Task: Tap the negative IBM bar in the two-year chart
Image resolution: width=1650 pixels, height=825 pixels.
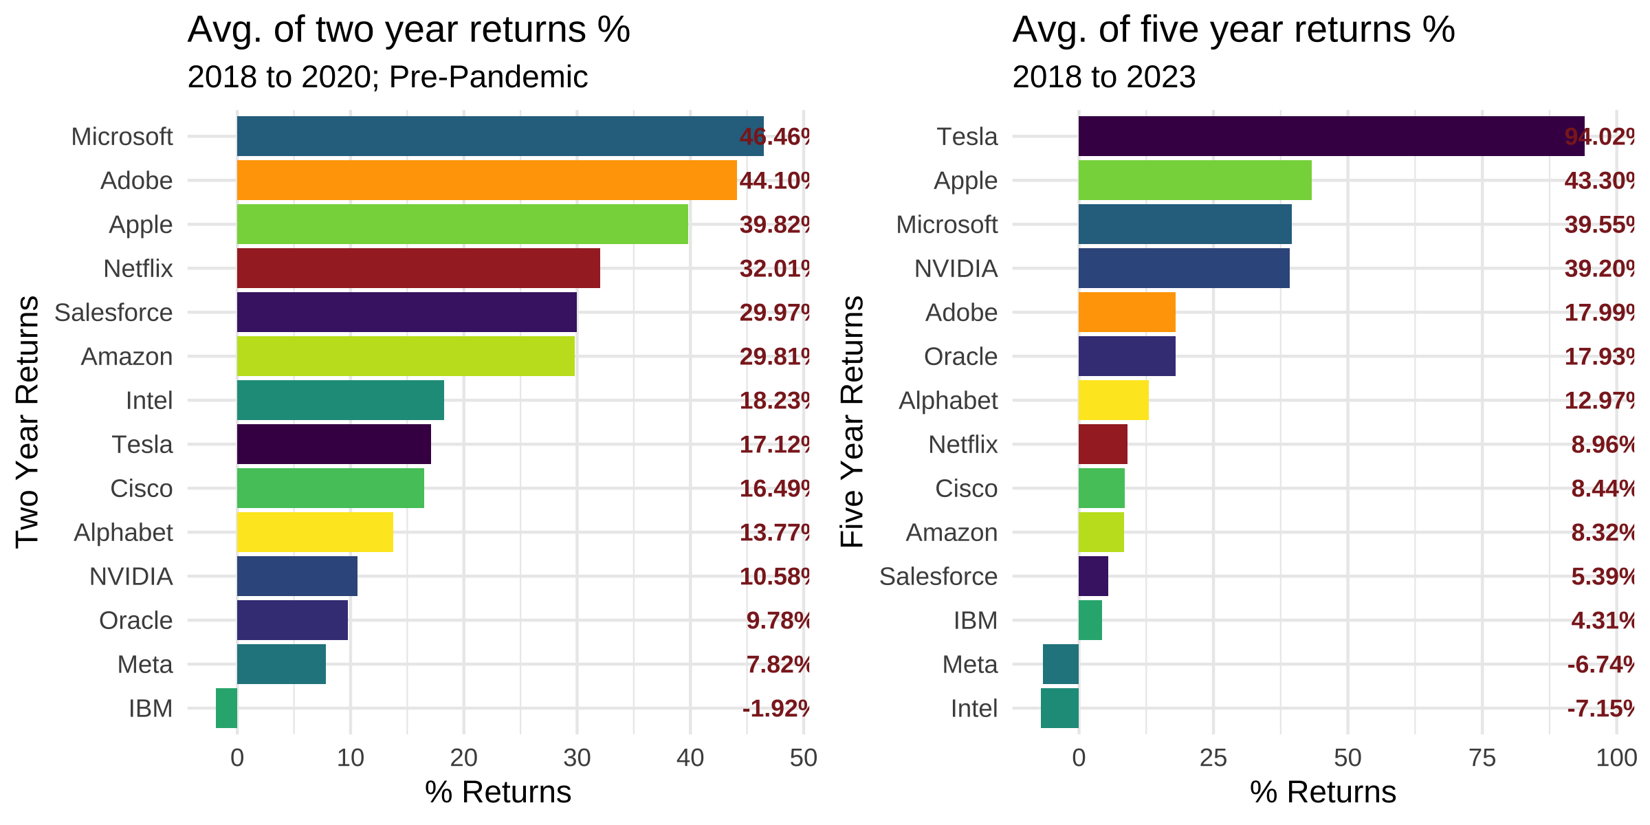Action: point(226,708)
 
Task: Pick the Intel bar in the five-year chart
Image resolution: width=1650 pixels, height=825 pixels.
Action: point(1059,708)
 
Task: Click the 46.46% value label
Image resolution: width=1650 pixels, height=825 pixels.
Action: point(774,137)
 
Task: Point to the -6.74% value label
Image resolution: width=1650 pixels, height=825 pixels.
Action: point(1600,665)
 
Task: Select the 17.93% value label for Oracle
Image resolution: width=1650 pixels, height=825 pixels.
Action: point(1599,357)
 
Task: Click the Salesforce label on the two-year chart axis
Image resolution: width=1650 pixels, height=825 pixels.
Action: point(113,313)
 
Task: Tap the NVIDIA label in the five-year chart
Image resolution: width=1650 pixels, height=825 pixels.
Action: point(956,269)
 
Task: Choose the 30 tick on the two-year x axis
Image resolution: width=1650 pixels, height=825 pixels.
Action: point(577,758)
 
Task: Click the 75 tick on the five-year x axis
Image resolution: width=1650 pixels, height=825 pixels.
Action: point(1482,758)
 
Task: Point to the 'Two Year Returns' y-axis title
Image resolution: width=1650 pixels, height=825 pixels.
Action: point(27,421)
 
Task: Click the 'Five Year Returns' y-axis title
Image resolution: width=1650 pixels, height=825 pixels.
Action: point(852,421)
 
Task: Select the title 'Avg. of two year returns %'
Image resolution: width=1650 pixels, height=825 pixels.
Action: point(408,30)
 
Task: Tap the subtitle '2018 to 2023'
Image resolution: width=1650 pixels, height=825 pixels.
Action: point(1103,77)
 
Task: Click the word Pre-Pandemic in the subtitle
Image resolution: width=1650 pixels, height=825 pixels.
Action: point(488,77)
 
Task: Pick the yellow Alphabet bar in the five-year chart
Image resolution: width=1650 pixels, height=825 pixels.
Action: point(1113,400)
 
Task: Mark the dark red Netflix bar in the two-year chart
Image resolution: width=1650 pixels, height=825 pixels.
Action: point(418,268)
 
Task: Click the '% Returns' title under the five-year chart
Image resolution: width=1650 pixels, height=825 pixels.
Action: point(1323,792)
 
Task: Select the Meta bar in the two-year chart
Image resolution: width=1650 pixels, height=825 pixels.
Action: point(281,664)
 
